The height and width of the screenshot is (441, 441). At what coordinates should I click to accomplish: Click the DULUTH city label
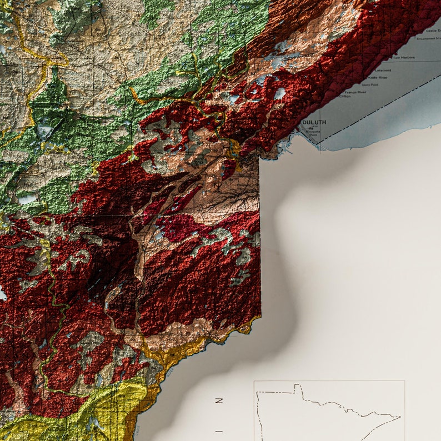(314, 122)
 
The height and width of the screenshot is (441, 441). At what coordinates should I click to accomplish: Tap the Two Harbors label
(404, 58)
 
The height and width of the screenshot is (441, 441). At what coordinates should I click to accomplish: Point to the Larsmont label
(383, 71)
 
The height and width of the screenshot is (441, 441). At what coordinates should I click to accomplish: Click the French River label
(355, 92)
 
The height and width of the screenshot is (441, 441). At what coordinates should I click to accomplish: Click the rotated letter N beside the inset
(219, 400)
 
